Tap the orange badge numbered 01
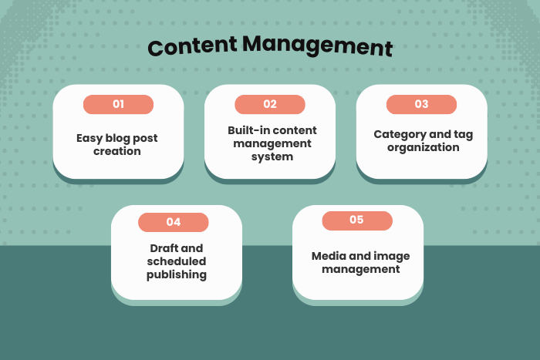coord(118,104)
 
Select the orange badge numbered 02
coord(270,104)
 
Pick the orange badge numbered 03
coord(421,104)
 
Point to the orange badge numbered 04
coord(174,222)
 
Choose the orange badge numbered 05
coord(356,220)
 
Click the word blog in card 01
coord(118,139)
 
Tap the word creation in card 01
coord(118,151)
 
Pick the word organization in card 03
coord(423,146)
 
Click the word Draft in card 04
coord(165,248)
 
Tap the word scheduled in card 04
coord(177,261)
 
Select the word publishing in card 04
coord(177,274)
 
